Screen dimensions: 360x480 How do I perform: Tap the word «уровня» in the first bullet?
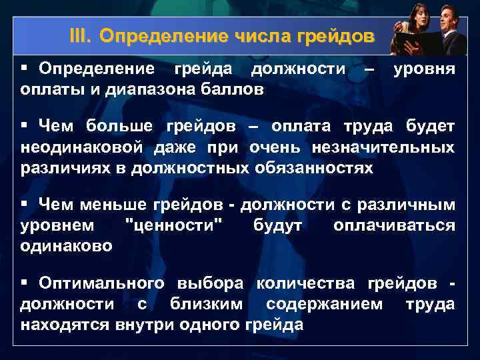(x=425, y=69)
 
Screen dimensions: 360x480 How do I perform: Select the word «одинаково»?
(x=67, y=245)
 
